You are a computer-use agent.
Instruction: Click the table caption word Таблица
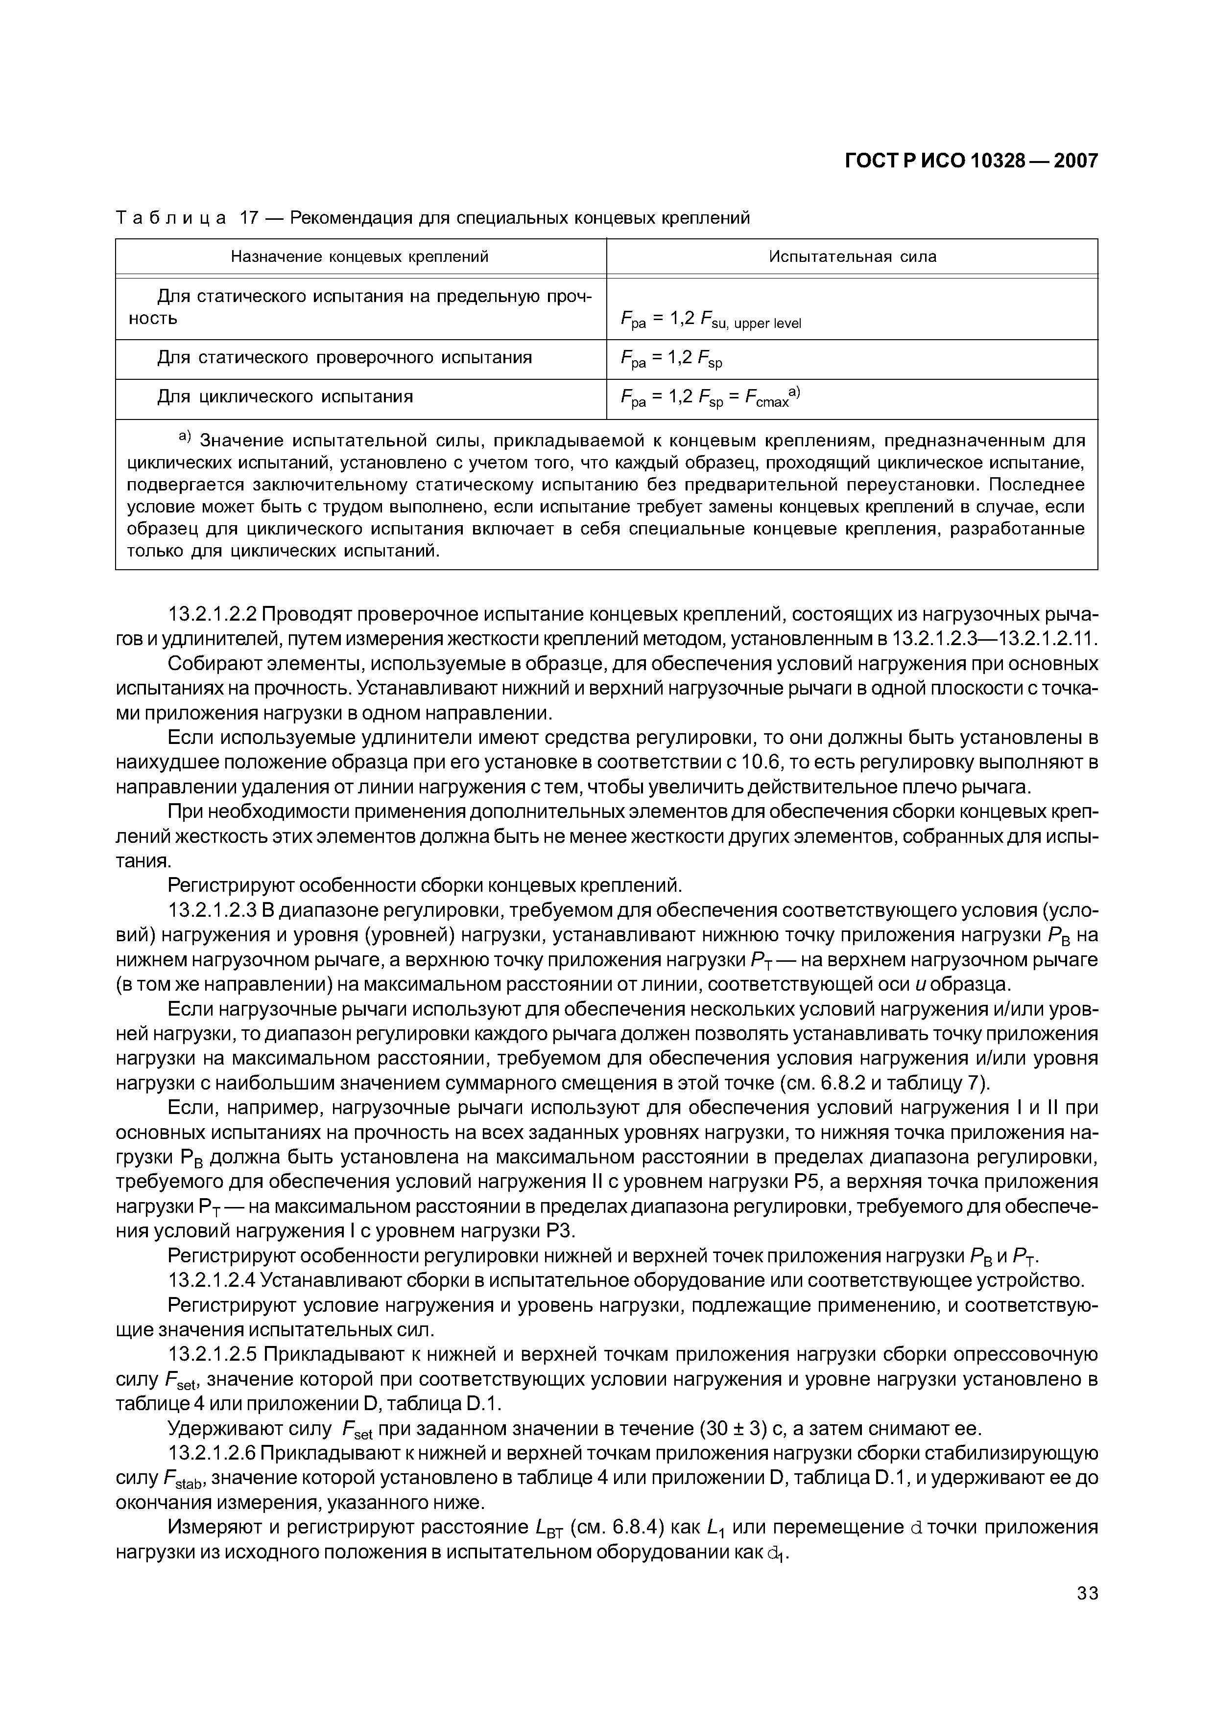coord(170,218)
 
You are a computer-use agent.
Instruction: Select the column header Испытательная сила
coord(852,256)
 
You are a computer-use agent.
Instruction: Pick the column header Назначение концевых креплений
coord(360,256)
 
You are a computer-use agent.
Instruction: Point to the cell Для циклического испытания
coord(285,396)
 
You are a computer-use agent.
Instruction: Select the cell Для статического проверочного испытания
coord(344,357)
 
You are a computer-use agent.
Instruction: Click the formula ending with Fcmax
coord(711,398)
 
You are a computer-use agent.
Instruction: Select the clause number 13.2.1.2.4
coord(213,1280)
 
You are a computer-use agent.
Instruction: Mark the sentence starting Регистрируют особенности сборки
coord(425,886)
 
